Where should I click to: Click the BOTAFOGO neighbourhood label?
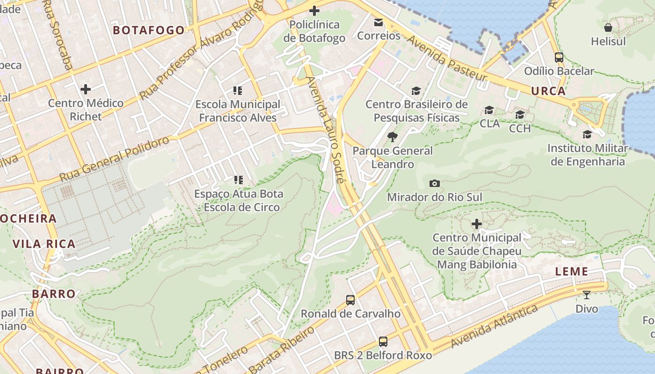click(149, 30)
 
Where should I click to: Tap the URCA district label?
click(548, 91)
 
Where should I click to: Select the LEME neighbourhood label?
click(571, 272)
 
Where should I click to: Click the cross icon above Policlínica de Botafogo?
click(314, 10)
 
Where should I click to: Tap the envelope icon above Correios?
click(378, 22)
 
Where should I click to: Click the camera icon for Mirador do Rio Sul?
click(434, 184)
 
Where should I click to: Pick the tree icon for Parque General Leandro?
click(392, 137)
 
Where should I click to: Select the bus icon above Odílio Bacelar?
click(559, 58)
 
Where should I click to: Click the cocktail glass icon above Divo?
click(586, 295)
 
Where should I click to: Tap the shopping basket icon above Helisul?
click(608, 28)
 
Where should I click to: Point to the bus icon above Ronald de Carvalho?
click(350, 300)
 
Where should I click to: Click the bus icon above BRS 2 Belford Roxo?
click(383, 342)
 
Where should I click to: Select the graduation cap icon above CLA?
click(489, 110)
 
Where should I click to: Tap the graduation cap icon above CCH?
click(520, 115)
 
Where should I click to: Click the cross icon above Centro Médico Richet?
click(85, 89)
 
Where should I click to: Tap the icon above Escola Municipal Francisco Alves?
click(238, 91)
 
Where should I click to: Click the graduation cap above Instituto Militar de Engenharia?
click(587, 135)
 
